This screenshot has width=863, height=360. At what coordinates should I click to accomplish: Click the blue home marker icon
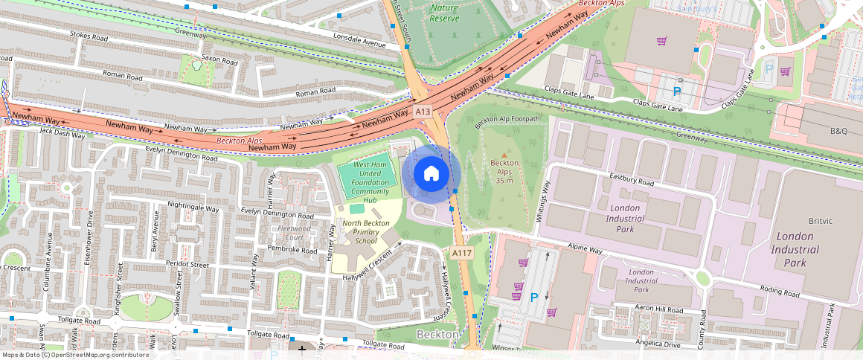click(431, 174)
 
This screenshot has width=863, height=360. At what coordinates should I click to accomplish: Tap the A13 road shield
click(423, 111)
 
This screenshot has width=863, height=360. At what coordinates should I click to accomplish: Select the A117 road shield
click(462, 254)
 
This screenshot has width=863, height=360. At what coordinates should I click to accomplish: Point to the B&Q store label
click(838, 131)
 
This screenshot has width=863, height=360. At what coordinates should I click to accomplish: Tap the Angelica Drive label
click(655, 344)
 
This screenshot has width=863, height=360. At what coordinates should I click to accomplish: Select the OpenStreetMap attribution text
click(75, 355)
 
